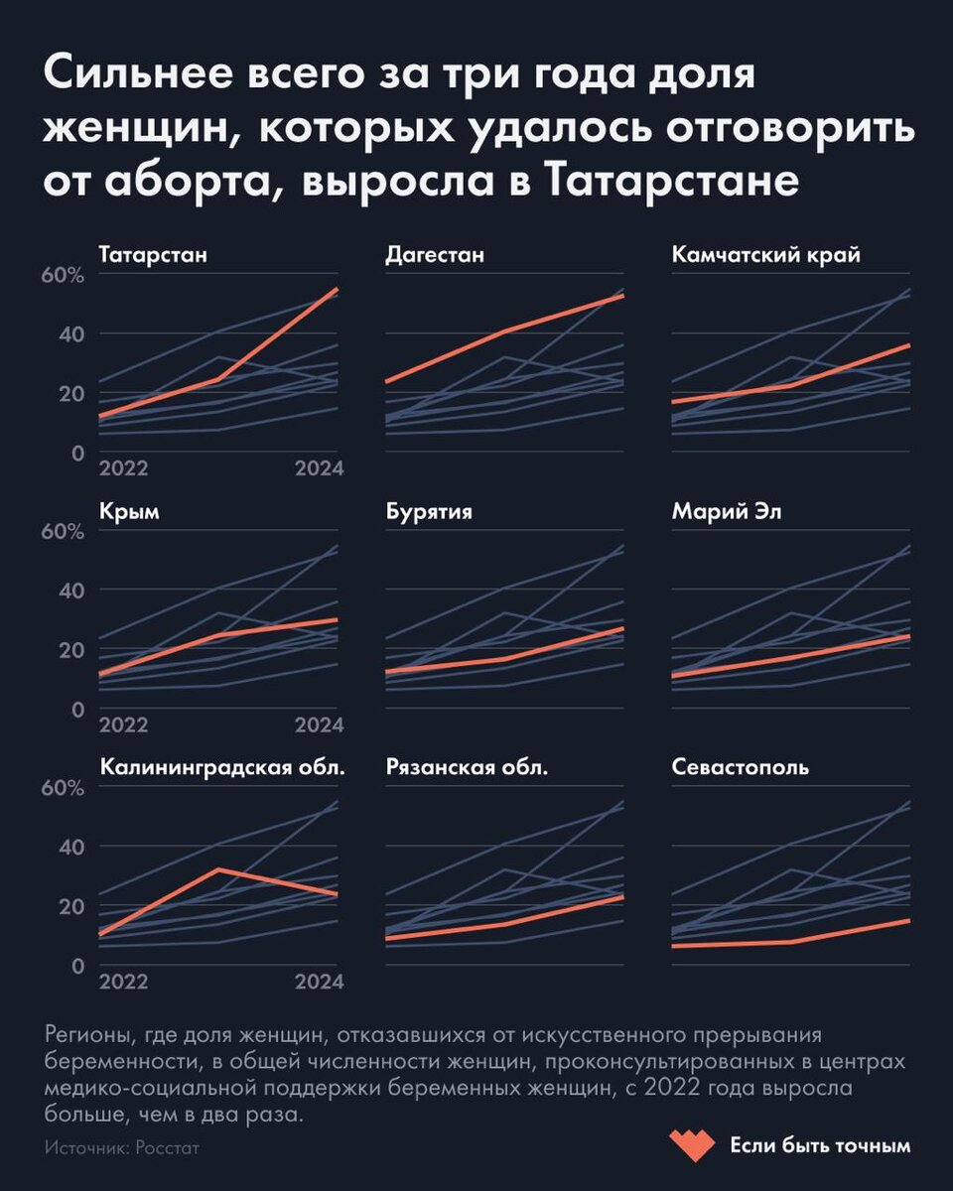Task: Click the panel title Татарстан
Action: click(x=153, y=255)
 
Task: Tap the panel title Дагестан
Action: click(x=435, y=255)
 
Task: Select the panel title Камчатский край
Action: click(x=765, y=255)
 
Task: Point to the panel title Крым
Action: click(x=129, y=512)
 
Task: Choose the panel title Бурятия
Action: click(x=428, y=512)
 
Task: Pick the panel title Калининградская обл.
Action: click(x=222, y=767)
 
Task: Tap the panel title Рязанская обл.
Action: click(x=467, y=767)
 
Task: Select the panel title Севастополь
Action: click(x=740, y=767)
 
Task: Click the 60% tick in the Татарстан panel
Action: click(x=64, y=275)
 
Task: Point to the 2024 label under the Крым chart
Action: click(x=319, y=726)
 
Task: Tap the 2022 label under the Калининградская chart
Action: click(x=124, y=982)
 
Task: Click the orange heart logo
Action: click(x=691, y=1145)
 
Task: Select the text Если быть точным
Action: click(x=820, y=1145)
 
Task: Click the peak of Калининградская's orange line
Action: click(x=218, y=869)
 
